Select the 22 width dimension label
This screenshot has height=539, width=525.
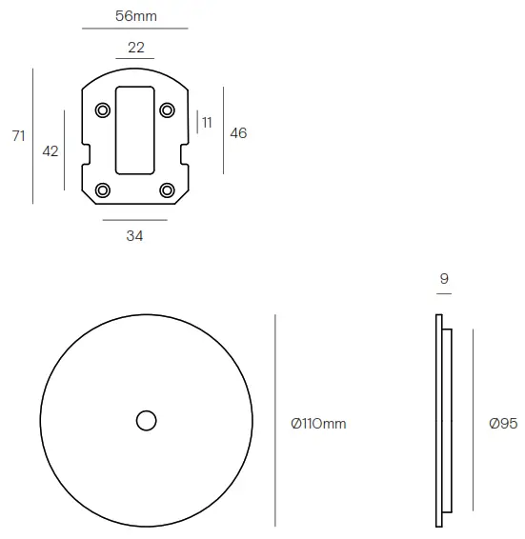pos(134,48)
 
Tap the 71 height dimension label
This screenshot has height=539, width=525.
pos(18,136)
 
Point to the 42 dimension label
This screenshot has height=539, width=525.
pos(50,150)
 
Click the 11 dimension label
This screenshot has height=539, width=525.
pos(207,123)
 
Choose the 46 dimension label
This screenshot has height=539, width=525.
pos(238,133)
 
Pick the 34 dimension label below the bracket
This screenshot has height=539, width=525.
pos(134,236)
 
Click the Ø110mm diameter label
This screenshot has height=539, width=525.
pos(318,423)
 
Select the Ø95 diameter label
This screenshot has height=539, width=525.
pos(502,423)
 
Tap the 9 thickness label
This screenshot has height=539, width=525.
pos(444,279)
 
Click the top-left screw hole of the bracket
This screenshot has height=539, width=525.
pos(102,110)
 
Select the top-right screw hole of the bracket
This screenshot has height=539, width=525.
pos(167,110)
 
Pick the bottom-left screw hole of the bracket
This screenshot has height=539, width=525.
pos(102,190)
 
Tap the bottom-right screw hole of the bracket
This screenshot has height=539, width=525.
pos(167,190)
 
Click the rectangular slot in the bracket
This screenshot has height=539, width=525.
pos(134,130)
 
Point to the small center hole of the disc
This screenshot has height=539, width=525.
pos(146,420)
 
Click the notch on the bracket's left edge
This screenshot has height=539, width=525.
pos(87,152)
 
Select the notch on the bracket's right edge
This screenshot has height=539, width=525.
pos(182,152)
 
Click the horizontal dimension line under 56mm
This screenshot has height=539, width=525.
pos(134,30)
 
